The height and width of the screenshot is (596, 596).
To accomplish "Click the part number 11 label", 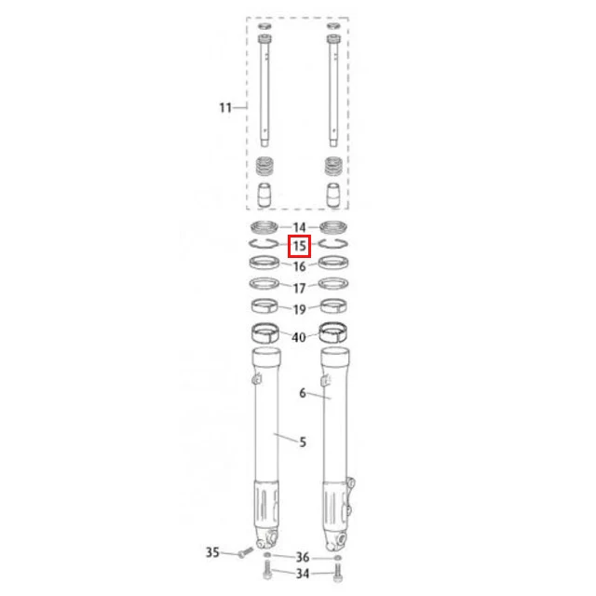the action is pos(225,108).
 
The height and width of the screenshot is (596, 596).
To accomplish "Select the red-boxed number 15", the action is pos(300,246).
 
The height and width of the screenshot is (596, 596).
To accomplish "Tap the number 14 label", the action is pos(300,227).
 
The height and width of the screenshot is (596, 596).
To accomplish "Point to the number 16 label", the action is pos(300,266).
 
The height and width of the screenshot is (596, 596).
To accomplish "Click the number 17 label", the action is pos(300,288).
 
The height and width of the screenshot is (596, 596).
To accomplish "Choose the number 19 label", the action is pos(300,309).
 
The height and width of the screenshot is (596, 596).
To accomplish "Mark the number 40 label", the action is pos(299,337).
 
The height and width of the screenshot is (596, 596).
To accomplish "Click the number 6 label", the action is pos(303,393).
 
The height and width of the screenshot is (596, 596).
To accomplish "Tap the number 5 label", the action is pos(303,441).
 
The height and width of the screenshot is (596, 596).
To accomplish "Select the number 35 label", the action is pos(212,552).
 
